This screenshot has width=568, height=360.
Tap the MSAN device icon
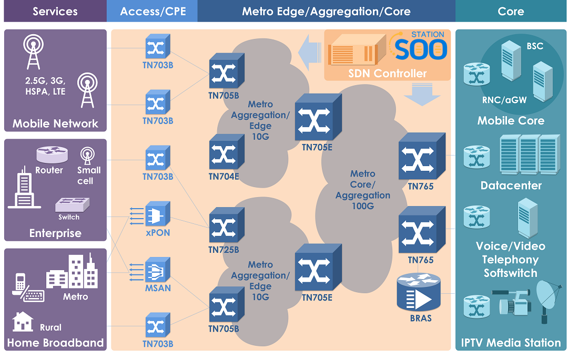(157, 270)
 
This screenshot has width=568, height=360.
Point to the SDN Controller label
(387, 74)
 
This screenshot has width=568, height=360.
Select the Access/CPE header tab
(153, 11)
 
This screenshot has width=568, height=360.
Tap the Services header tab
(55, 11)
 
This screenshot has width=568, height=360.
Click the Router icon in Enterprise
(52, 155)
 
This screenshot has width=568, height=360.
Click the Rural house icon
(23, 321)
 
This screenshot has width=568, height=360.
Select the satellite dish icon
(549, 297)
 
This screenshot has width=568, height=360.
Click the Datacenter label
(511, 186)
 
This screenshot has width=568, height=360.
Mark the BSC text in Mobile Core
(535, 46)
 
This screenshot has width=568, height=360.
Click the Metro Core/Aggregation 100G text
(363, 190)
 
